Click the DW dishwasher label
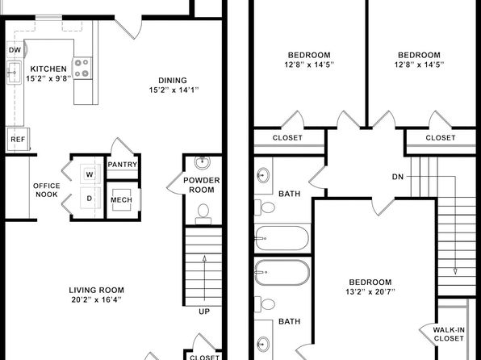click(x=15, y=50)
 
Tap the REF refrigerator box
click(x=18, y=140)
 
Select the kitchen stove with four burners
click(x=82, y=68)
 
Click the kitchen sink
click(x=14, y=73)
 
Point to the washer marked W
click(x=90, y=174)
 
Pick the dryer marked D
click(x=90, y=199)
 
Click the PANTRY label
click(x=123, y=165)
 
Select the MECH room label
click(x=122, y=200)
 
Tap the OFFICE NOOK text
click(x=47, y=190)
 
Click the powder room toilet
click(x=203, y=214)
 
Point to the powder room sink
click(x=202, y=163)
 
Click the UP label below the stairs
click(x=204, y=312)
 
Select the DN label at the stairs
click(x=398, y=177)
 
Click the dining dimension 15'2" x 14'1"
click(x=174, y=90)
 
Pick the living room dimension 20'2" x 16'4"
click(x=96, y=299)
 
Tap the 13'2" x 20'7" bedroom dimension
click(x=370, y=291)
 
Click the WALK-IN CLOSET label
click(x=449, y=334)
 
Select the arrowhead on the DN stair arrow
click(x=455, y=271)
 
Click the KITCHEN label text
click(x=48, y=69)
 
